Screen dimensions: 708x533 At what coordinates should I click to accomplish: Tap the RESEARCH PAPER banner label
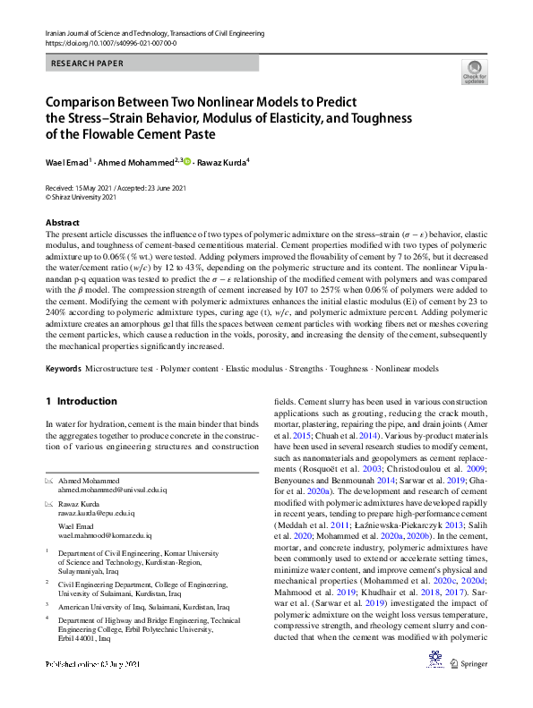click(x=88, y=64)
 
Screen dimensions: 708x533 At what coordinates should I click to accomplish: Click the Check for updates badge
click(x=474, y=72)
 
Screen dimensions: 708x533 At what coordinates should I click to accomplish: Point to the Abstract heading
click(x=62, y=221)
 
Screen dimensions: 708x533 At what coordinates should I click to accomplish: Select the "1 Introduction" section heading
click(x=81, y=401)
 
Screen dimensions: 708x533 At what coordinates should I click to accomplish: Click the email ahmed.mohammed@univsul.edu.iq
click(x=109, y=490)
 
